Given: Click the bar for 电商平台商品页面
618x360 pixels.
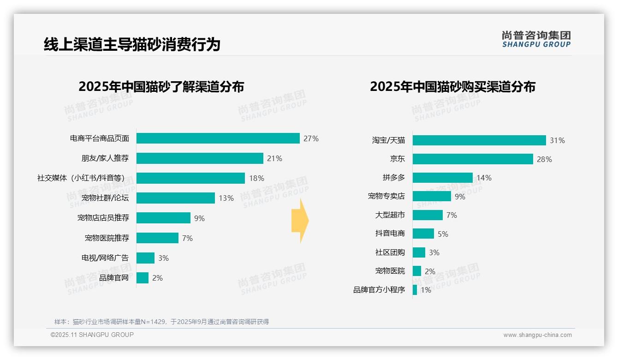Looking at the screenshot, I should [218, 138].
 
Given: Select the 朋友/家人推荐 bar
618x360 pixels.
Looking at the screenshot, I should [200, 158].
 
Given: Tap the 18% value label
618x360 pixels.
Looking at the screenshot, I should [256, 178].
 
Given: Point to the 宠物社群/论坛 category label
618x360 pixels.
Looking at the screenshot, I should [105, 198].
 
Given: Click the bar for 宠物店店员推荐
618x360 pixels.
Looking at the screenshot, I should [163, 218].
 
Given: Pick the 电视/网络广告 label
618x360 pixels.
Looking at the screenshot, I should [105, 258].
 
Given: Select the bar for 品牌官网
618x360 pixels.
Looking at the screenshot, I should [143, 278].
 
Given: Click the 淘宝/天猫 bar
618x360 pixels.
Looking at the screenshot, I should [479, 140].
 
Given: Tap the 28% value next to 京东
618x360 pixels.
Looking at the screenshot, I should [544, 159].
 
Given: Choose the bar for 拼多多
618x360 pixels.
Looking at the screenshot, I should [442, 178].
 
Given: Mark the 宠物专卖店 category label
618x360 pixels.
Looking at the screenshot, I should [386, 196].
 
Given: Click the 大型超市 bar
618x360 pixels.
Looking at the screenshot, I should [428, 215].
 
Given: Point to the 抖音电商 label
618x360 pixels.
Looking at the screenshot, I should [390, 234].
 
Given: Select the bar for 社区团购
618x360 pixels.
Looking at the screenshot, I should [419, 252].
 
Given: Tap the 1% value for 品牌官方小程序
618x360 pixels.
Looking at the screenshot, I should [426, 290].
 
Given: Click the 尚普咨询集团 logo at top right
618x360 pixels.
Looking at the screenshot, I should [536, 39].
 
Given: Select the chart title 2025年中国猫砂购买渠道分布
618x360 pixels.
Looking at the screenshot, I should [452, 87].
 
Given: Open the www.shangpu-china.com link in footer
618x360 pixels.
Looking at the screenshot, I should [537, 335].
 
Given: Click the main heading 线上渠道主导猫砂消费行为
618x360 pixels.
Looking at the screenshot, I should [132, 44].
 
